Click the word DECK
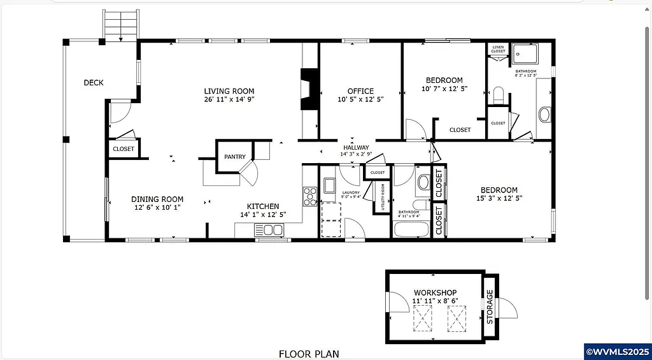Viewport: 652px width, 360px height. click(93, 82)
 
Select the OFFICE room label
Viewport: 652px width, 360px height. click(360, 91)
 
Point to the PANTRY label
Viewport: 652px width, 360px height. click(234, 157)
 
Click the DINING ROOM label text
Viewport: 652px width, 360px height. click(157, 199)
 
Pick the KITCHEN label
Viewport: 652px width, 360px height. click(263, 206)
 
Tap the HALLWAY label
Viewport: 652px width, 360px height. click(356, 147)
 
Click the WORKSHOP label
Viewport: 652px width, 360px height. click(435, 292)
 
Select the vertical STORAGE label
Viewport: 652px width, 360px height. click(490, 306)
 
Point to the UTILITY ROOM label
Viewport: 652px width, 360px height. click(383, 197)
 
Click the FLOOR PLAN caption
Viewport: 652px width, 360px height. click(309, 354)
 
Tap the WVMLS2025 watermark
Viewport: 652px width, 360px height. click(617, 351)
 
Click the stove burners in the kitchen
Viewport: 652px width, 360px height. click(310, 196)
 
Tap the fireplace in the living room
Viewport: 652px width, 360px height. click(309, 90)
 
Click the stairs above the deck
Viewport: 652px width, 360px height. click(120, 26)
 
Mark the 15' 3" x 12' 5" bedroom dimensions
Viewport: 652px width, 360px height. click(499, 198)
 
